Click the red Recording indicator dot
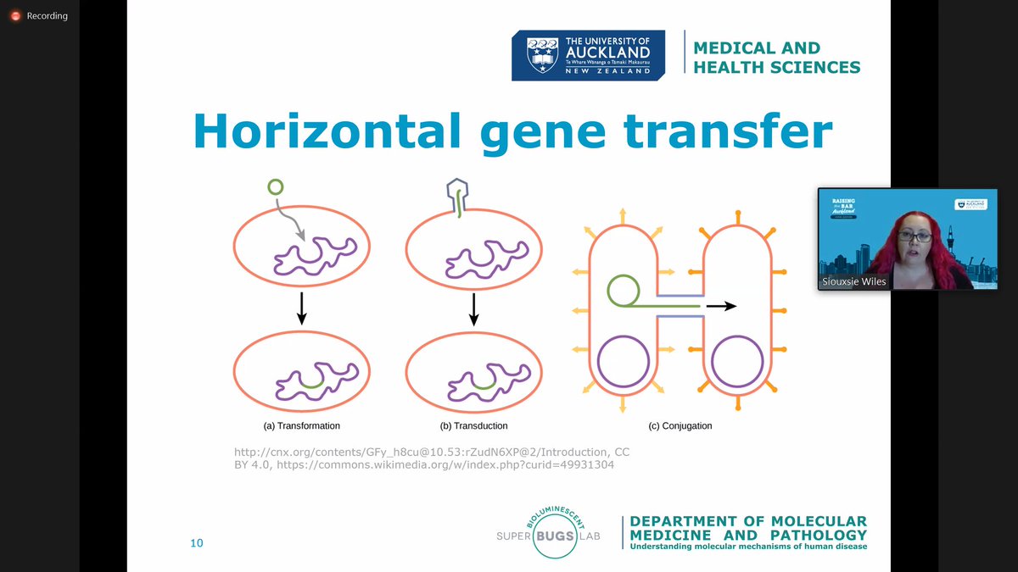click(14, 15)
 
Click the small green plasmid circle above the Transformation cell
click(275, 186)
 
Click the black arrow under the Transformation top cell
click(301, 314)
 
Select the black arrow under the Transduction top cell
click(474, 314)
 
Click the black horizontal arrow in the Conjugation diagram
click(722, 307)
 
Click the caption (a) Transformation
click(301, 425)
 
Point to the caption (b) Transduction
click(473, 425)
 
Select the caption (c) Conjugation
click(680, 425)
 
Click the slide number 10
click(197, 543)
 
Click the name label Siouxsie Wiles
click(854, 281)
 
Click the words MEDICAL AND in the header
click(757, 48)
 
